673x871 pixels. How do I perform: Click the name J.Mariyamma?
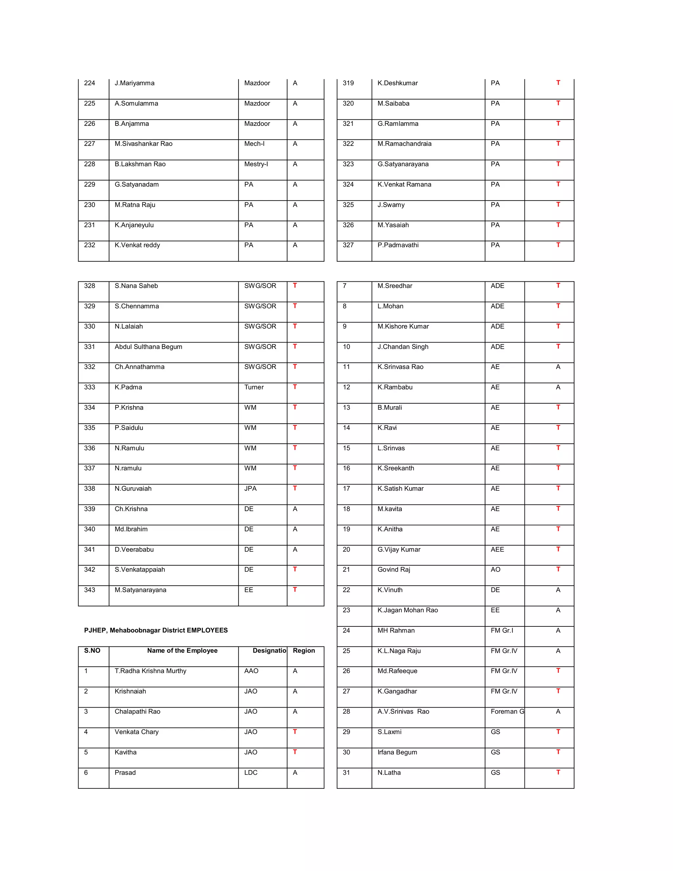point(134,83)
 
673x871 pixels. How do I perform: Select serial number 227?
point(89,144)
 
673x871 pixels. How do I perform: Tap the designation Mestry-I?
point(256,164)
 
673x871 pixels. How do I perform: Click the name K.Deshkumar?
point(398,83)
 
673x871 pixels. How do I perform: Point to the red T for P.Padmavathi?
point(558,245)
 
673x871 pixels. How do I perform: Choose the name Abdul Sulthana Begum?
point(148,346)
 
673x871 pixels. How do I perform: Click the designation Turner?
point(254,387)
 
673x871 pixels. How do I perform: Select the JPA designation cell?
point(250,488)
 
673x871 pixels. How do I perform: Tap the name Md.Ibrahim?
point(131,529)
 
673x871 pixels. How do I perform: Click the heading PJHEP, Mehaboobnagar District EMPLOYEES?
point(156,630)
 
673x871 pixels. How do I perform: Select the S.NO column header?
point(92,650)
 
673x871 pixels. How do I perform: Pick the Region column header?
point(304,650)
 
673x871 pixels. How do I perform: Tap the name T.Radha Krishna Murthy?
point(150,671)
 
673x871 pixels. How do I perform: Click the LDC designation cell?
point(251,772)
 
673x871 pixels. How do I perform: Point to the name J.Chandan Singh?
point(403,346)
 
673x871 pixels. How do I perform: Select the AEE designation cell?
point(497,549)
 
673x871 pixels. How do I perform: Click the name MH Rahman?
point(396,630)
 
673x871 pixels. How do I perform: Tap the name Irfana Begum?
point(397,752)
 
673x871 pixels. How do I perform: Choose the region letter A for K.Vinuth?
point(558,590)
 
